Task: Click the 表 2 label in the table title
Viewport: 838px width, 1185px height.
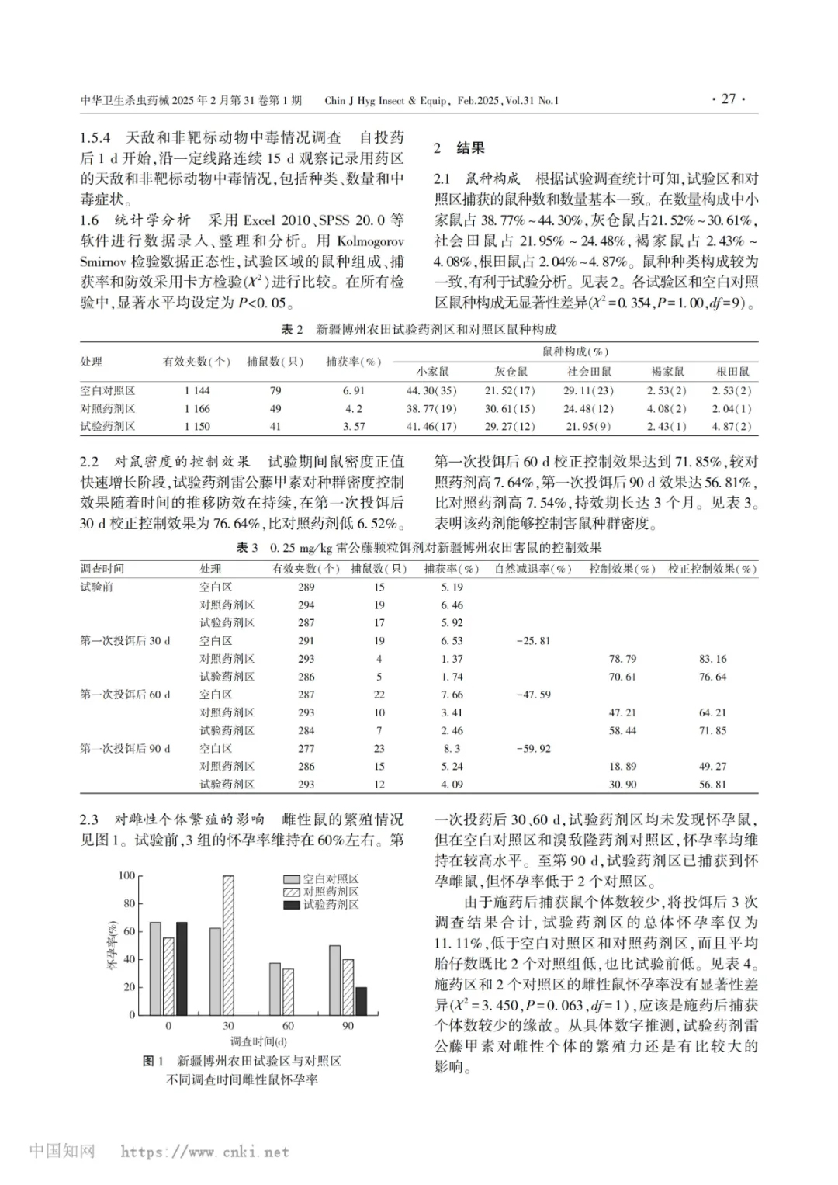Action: tap(292, 330)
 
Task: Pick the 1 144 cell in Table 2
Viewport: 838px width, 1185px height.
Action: tap(197, 390)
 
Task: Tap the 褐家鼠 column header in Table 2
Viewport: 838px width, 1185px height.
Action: tap(667, 372)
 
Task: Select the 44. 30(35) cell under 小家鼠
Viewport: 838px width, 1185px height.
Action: tap(431, 390)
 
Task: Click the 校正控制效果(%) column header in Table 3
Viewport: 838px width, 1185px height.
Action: tap(712, 569)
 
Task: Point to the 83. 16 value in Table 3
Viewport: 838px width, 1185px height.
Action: tap(712, 659)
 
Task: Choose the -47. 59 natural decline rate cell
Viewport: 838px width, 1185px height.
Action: tap(533, 695)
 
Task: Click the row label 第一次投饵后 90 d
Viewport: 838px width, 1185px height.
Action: tap(125, 749)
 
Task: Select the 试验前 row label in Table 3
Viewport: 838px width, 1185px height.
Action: tap(97, 587)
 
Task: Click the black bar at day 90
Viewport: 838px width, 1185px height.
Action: tap(362, 1001)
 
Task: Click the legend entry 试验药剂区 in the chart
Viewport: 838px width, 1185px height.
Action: tap(331, 904)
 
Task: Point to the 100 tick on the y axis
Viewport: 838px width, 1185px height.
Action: tap(126, 875)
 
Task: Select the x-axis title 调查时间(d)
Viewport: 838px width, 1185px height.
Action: tap(258, 1041)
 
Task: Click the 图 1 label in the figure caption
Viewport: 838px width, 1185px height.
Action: tap(153, 1061)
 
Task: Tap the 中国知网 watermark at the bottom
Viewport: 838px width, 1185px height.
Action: tap(62, 1150)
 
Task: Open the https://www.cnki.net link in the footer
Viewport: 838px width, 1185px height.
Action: tap(205, 1152)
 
